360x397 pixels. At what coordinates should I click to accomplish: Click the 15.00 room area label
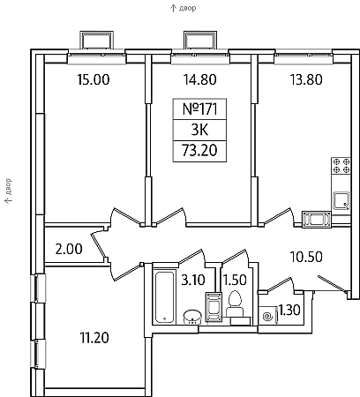pyautogui.click(x=94, y=79)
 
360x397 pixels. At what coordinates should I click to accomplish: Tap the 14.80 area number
pyautogui.click(x=200, y=79)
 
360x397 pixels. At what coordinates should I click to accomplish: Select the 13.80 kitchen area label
pyautogui.click(x=306, y=79)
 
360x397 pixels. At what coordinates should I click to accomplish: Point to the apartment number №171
pyautogui.click(x=200, y=109)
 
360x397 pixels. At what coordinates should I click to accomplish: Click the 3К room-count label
pyautogui.click(x=199, y=130)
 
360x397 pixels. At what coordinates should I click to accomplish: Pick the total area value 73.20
pyautogui.click(x=199, y=151)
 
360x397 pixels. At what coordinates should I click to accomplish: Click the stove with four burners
pyautogui.click(x=341, y=166)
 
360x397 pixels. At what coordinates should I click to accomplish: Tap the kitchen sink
pyautogui.click(x=341, y=201)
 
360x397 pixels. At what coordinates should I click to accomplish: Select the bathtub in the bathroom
pyautogui.click(x=164, y=297)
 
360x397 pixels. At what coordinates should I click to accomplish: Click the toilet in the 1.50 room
pyautogui.click(x=235, y=303)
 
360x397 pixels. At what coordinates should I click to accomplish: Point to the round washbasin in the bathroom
pyautogui.click(x=192, y=317)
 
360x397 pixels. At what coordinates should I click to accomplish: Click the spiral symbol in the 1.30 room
pyautogui.click(x=267, y=317)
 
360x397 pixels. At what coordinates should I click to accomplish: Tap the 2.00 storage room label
pyautogui.click(x=69, y=249)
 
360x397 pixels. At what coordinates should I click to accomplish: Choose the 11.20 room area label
pyautogui.click(x=94, y=338)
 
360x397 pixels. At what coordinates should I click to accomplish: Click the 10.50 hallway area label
pyautogui.click(x=306, y=257)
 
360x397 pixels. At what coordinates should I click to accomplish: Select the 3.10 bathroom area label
pyautogui.click(x=193, y=280)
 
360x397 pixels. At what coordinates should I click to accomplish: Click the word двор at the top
pyautogui.click(x=187, y=8)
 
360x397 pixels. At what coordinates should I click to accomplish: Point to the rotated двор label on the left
pyautogui.click(x=8, y=187)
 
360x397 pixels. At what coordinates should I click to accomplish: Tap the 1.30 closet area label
pyautogui.click(x=289, y=310)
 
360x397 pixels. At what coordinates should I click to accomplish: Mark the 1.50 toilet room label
pyautogui.click(x=235, y=280)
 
